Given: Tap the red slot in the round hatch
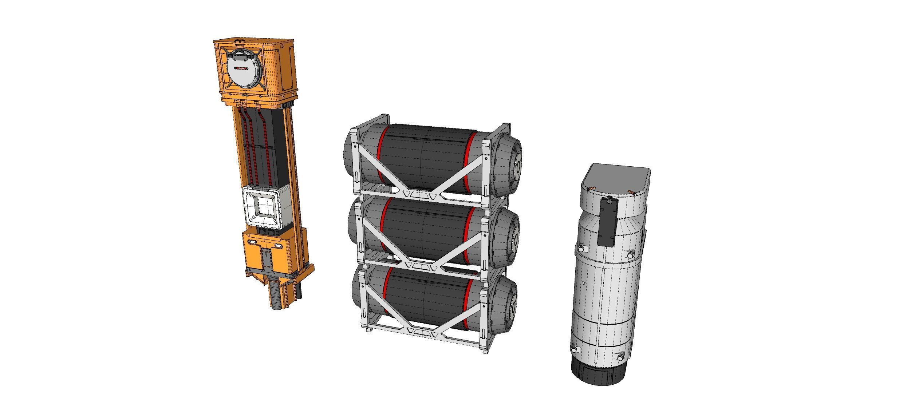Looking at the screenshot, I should (x=241, y=68).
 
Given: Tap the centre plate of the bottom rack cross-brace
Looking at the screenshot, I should (x=421, y=332).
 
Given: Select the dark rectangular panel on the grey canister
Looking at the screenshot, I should (x=607, y=222).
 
